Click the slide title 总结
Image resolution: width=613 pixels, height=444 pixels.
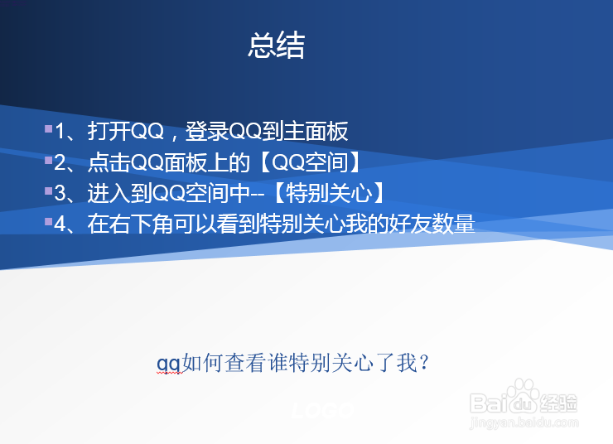[x=277, y=46]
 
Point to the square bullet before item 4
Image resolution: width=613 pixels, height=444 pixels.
[x=48, y=221]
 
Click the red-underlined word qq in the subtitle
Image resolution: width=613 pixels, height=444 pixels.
[x=169, y=363]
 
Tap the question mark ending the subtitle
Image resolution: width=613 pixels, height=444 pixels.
[x=424, y=363]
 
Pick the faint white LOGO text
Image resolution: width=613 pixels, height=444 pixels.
[x=323, y=410]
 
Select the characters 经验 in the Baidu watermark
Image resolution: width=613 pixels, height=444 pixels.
[x=560, y=403]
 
